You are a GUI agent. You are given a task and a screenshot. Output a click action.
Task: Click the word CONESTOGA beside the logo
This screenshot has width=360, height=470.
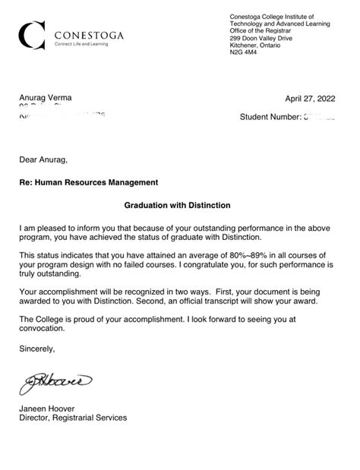click(90, 35)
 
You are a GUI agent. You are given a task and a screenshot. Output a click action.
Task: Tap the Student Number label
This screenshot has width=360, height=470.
click(270, 117)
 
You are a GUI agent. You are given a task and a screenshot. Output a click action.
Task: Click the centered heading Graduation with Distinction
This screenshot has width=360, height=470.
click(177, 205)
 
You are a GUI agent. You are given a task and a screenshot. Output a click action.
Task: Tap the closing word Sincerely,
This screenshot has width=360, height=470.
click(37, 349)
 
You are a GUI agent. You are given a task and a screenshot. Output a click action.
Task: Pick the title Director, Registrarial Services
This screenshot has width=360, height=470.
click(73, 418)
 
